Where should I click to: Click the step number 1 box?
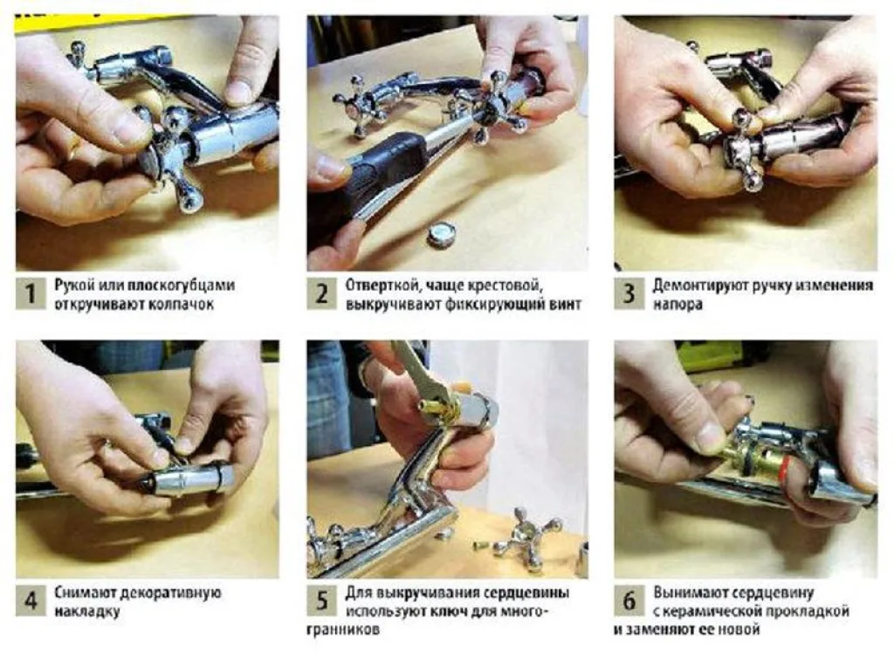click(x=31, y=293)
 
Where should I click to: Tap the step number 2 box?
click(x=321, y=293)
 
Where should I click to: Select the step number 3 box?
click(x=629, y=293)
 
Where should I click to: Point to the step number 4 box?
click(x=31, y=600)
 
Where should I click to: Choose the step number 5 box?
click(x=321, y=600)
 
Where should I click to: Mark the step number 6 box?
click(x=629, y=600)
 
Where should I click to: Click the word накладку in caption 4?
click(x=87, y=612)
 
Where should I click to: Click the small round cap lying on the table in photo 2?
click(x=443, y=234)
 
